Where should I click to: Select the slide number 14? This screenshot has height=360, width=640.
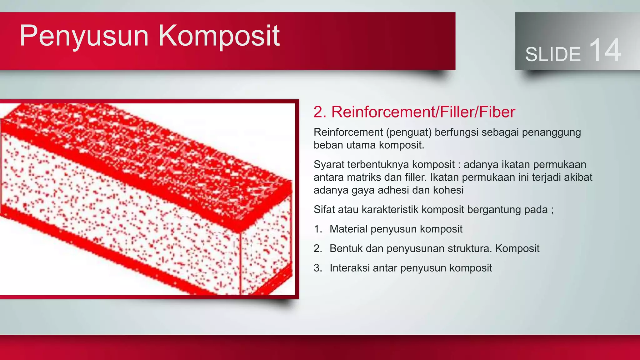click(x=605, y=50)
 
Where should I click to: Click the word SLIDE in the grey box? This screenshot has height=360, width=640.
click(x=553, y=54)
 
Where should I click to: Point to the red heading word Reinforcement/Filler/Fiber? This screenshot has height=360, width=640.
click(x=423, y=112)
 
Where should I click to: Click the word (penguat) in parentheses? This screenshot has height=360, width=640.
click(x=409, y=132)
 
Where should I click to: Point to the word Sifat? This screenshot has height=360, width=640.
click(x=324, y=209)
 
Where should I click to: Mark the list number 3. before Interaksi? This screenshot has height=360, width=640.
click(x=318, y=268)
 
